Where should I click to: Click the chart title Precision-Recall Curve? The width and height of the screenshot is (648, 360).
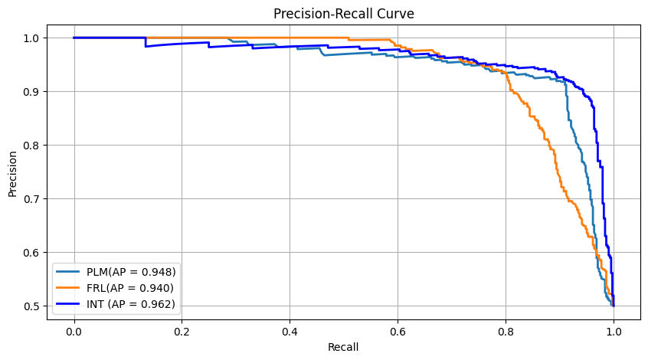(343, 13)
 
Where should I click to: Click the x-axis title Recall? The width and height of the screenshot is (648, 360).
(343, 347)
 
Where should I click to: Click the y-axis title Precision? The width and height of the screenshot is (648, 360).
(13, 172)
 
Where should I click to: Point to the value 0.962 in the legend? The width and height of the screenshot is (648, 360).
(158, 304)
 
